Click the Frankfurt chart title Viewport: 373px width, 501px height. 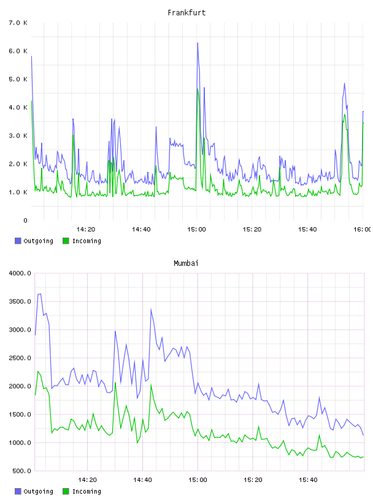pyautogui.click(x=186, y=12)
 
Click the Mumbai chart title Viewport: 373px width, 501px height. pyautogui.click(x=186, y=263)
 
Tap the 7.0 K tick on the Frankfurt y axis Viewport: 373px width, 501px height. pyautogui.click(x=18, y=23)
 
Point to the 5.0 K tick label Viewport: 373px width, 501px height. pyautogui.click(x=18, y=79)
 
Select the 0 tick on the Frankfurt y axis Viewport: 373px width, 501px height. pyautogui.click(x=25, y=220)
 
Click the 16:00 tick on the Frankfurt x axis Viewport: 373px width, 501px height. pyautogui.click(x=363, y=229)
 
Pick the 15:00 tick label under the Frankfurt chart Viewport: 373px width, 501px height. pyautogui.click(x=196, y=229)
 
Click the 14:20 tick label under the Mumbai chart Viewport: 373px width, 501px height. pyautogui.click(x=87, y=480)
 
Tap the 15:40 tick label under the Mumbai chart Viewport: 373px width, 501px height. pyautogui.click(x=308, y=480)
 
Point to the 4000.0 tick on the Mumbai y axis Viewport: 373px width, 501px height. pyautogui.click(x=20, y=273)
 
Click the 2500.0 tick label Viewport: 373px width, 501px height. pyautogui.click(x=20, y=358)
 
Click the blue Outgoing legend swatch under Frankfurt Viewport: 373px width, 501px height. pyautogui.click(x=18, y=241)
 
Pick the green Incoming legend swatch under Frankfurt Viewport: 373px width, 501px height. pyautogui.click(x=66, y=241)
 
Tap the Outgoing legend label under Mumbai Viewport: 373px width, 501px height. pyautogui.click(x=38, y=491)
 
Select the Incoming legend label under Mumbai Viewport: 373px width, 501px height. pyautogui.click(x=87, y=491)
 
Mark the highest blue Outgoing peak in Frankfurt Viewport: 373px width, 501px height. pyautogui.click(x=198, y=43)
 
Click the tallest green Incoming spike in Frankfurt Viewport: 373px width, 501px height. pyautogui.click(x=198, y=89)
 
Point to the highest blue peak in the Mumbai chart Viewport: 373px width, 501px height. pyautogui.click(x=40, y=294)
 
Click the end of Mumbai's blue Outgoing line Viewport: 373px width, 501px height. pyautogui.click(x=363, y=435)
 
